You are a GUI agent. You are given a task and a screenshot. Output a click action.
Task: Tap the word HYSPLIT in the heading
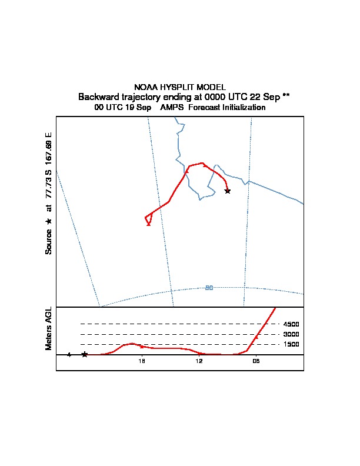[175, 87]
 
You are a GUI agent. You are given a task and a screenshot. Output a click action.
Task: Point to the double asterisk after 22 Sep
[286, 96]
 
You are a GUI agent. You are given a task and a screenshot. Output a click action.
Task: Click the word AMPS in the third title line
[172, 108]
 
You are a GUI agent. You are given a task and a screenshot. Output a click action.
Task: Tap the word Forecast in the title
[203, 108]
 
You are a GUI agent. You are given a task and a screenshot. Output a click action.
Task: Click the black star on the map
[228, 191]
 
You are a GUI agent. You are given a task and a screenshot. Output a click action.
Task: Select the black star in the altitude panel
[85, 354]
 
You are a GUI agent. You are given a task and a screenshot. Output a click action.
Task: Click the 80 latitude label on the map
[209, 288]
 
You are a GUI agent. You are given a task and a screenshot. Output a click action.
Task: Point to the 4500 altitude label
[291, 324]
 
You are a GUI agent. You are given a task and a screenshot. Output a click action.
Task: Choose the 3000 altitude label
[291, 334]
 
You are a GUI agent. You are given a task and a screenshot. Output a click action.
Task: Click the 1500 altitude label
[291, 345]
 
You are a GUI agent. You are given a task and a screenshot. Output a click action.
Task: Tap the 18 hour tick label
[142, 361]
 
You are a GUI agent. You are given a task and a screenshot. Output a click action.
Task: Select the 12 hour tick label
[199, 361]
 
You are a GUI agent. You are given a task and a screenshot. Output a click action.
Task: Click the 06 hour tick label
[256, 361]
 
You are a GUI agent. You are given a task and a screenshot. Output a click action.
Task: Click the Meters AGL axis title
[49, 328]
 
